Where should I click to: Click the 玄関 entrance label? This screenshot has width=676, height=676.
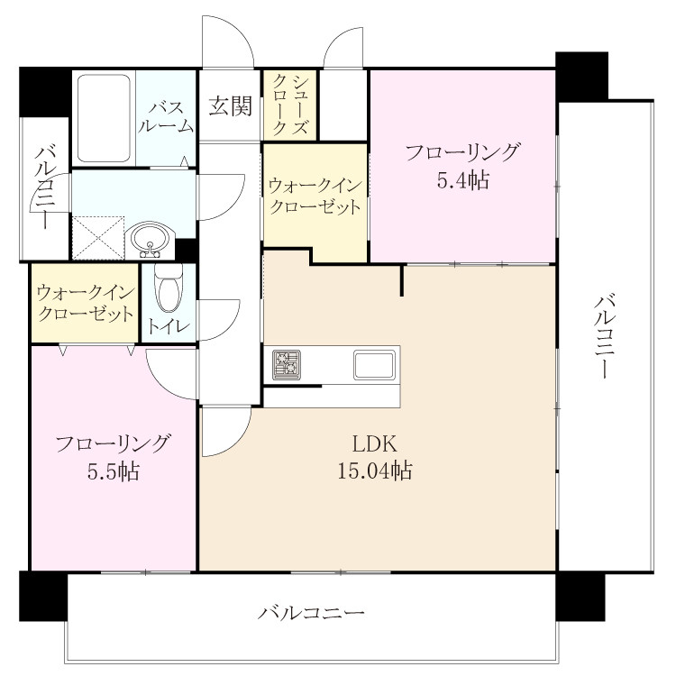pos(230,106)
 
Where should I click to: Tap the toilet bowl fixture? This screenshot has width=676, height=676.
pos(169,288)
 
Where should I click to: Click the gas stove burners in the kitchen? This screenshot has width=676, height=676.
pos(287,365)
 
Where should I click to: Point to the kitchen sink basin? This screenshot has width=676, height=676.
pos(374,365)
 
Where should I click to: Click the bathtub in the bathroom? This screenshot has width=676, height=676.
pos(104,118)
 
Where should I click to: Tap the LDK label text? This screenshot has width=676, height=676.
pos(374,444)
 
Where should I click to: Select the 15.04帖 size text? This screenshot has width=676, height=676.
pos(374,470)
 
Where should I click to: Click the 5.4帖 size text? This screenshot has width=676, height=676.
pos(463,180)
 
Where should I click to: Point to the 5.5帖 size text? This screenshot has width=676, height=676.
pos(114,471)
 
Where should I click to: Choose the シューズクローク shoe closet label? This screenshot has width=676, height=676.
pos(290,105)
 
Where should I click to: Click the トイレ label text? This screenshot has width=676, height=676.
pos(169,326)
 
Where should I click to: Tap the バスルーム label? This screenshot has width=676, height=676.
pos(167,117)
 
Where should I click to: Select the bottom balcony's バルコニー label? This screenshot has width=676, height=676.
pos(311,613)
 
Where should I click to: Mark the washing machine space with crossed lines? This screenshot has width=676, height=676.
pos(98,239)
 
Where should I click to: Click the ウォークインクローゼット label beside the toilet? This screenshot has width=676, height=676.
pos(86,304)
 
